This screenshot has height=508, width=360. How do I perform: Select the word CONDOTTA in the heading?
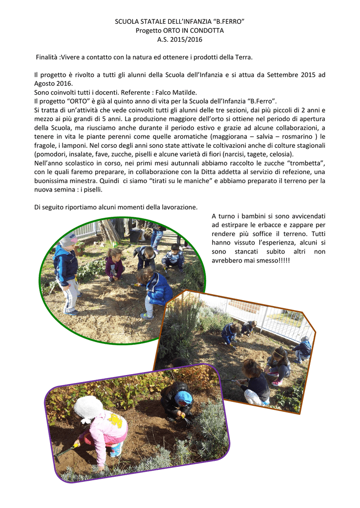205,31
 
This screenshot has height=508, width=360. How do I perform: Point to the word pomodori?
51,154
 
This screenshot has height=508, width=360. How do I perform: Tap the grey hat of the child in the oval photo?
69,240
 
